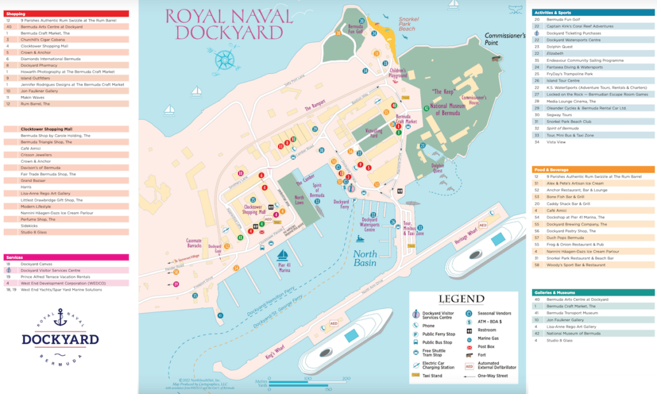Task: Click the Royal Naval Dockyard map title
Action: pyautogui.click(x=223, y=24)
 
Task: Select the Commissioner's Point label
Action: pyautogui.click(x=505, y=40)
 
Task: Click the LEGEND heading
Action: pyautogui.click(x=462, y=299)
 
